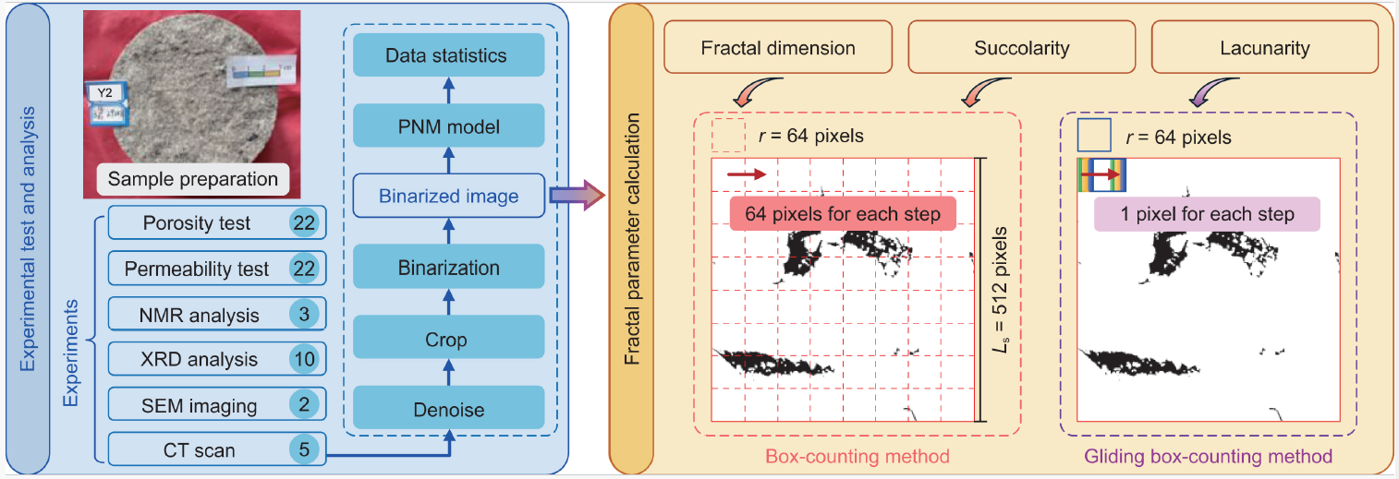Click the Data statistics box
[446, 55]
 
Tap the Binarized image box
[448, 196]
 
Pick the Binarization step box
[448, 269]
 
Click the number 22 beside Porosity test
[305, 223]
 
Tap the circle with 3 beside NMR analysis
[305, 315]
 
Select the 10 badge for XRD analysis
[305, 359]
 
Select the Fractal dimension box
[776, 47]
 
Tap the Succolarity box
[1021, 47]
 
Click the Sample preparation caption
[192, 178]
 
